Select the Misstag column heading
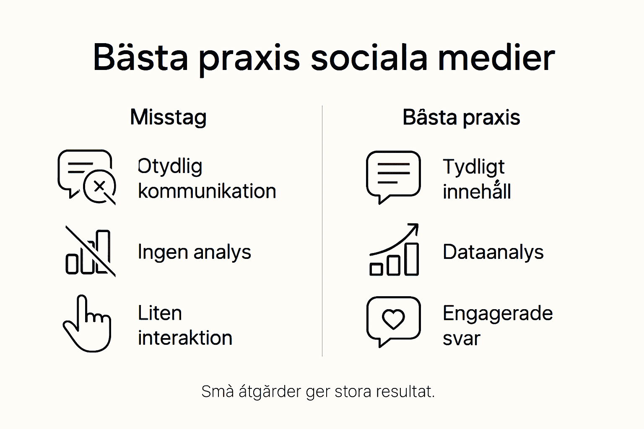click(168, 117)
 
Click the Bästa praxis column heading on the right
click(461, 118)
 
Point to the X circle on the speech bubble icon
click(99, 186)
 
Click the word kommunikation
click(207, 191)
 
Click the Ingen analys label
click(195, 252)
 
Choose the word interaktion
click(185, 338)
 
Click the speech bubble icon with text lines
click(393, 176)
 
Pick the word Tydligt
click(474, 167)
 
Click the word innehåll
click(477, 192)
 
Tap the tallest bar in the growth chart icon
click(411, 259)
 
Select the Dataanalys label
click(493, 252)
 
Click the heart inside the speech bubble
click(393, 319)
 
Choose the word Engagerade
click(498, 313)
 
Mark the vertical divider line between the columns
click(322, 230)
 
